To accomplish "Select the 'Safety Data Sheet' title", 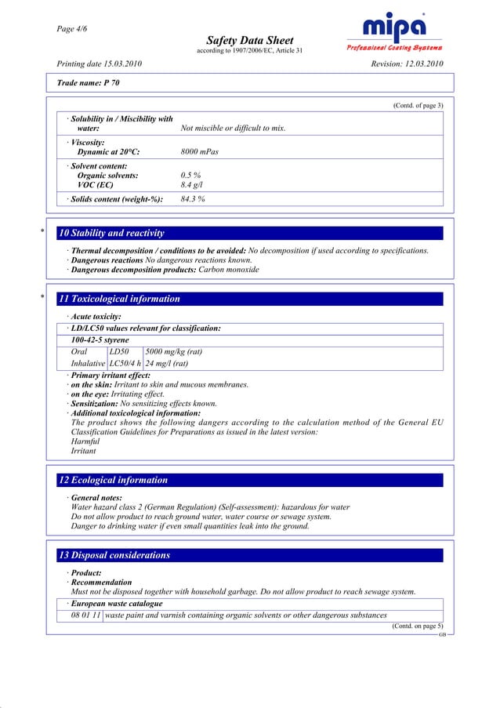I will [249, 40].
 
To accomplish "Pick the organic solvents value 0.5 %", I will [191, 176].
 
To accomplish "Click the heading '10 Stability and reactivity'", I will [111, 233].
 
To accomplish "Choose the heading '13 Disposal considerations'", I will [114, 555].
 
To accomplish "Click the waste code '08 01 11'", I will [85, 615].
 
